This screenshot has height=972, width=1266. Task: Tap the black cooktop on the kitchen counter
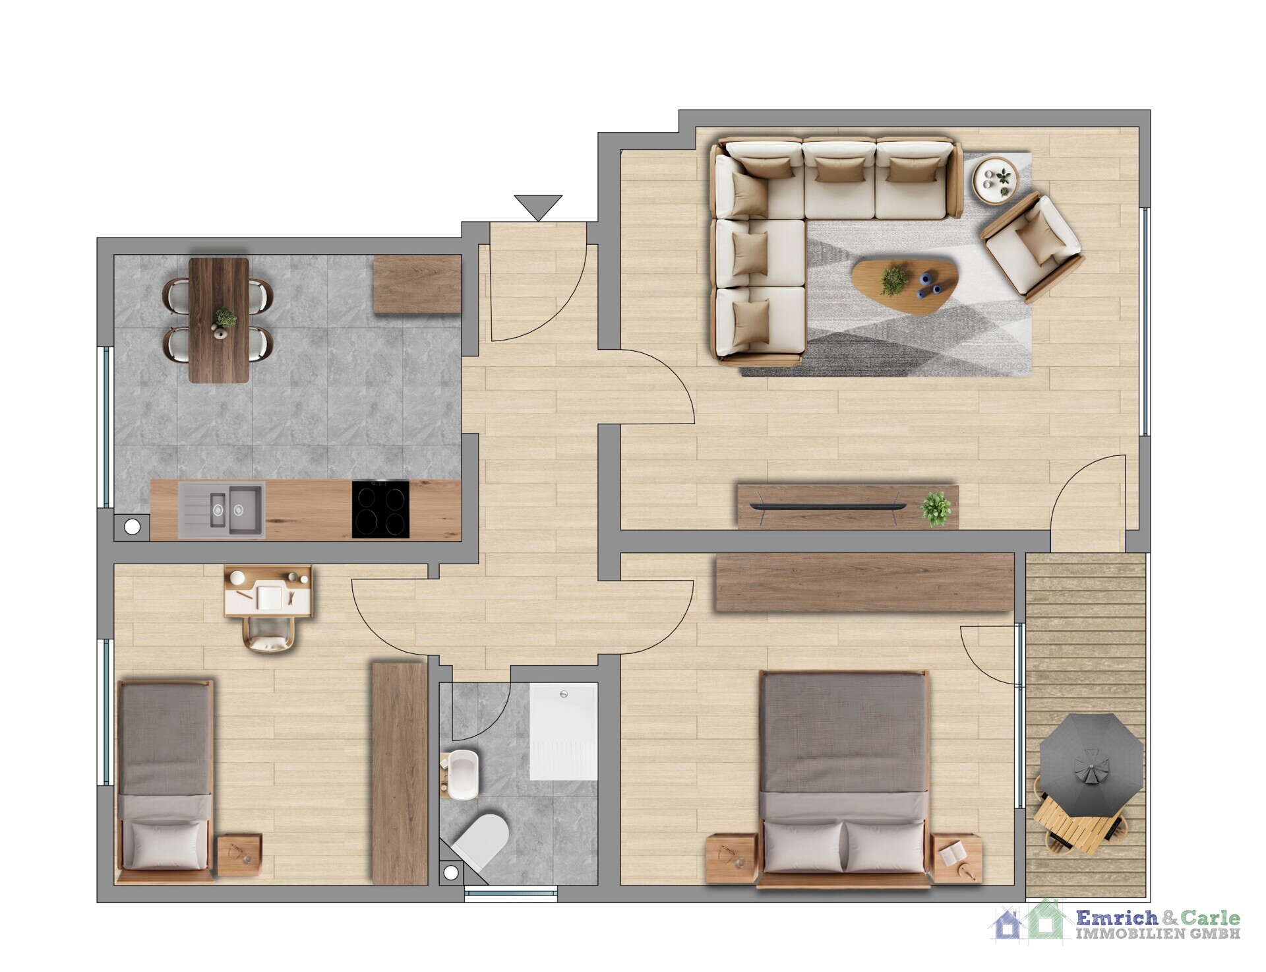pos(380,509)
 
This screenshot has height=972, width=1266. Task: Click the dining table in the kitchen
pos(219,320)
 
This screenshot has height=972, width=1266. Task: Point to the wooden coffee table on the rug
pos(904,286)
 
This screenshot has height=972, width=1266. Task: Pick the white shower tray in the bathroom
pos(564,732)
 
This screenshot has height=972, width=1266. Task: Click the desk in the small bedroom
pos(268,591)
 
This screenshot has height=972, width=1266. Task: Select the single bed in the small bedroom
pos(165,781)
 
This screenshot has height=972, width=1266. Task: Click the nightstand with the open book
pos(956,858)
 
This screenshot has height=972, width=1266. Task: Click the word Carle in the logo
pos(1210,918)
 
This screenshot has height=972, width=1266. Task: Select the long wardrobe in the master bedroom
pos(864,583)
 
